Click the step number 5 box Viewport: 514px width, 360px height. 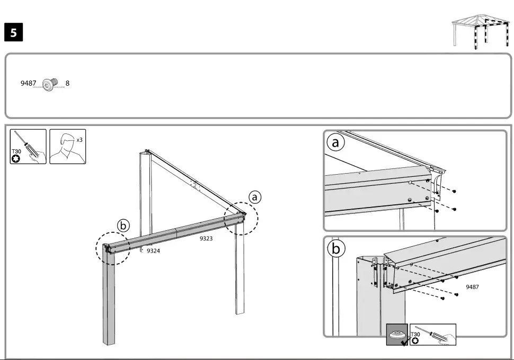coord(13,32)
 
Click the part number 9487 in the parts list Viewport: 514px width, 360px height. coord(28,83)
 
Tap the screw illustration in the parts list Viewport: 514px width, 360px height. coord(50,84)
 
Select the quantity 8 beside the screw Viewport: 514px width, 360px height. coord(67,83)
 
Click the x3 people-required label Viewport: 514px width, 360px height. coord(79,140)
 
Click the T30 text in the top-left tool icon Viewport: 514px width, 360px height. coord(16,151)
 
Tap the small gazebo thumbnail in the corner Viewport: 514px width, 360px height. coord(481,31)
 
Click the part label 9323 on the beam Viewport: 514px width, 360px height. coord(206,238)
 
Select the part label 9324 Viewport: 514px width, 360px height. coord(154,251)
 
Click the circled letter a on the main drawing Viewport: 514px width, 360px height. coord(255,197)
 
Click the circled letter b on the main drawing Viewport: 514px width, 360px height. coord(123,226)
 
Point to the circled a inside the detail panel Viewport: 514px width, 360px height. coord(335,142)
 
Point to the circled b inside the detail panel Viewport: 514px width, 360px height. coord(336,249)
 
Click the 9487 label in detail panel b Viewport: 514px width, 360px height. coord(472,287)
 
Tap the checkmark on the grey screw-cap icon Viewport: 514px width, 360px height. coord(405,342)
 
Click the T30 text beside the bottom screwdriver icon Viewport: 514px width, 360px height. coord(415,335)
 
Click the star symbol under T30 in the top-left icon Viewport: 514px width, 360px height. coord(16,159)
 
